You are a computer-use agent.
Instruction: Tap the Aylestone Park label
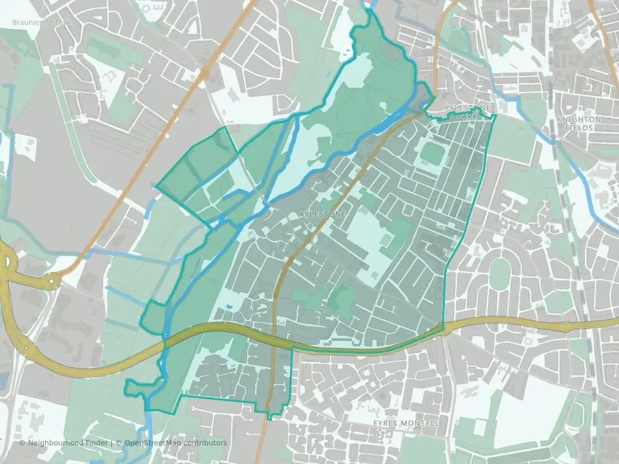[467, 111]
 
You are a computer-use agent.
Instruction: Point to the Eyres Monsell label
[406, 423]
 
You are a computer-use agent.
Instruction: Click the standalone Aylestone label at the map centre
[322, 213]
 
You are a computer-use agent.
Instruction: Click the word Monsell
[422, 423]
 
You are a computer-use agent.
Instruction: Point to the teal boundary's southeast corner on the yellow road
[442, 327]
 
